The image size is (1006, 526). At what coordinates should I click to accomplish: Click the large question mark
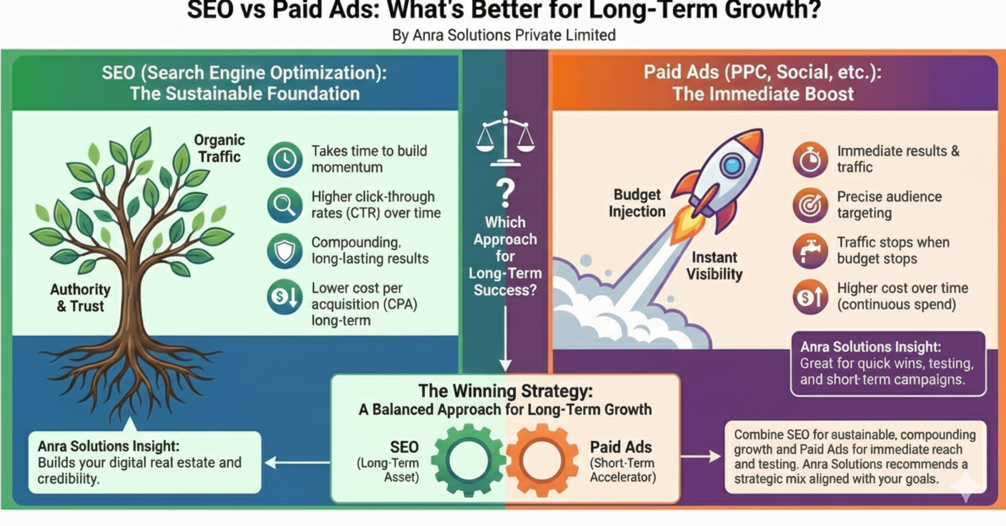505,191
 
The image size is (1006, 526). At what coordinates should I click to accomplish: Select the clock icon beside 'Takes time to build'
284,159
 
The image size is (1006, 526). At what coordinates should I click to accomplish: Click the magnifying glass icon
284,205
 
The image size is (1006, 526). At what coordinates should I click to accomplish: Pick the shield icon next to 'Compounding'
284,251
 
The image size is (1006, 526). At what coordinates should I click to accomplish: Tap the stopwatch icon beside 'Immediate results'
810,159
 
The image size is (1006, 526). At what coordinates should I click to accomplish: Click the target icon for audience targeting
810,205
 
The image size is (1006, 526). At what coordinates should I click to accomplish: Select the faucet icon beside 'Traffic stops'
810,251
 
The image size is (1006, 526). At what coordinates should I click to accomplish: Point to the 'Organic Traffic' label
219,148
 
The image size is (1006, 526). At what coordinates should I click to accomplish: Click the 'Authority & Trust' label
80,298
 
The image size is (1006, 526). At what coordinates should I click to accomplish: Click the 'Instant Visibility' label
714,265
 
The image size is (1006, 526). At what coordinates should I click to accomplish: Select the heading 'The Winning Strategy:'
505,391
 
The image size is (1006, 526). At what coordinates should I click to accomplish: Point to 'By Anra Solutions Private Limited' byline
504,34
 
